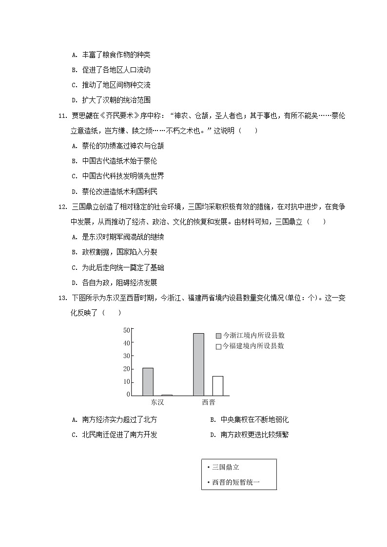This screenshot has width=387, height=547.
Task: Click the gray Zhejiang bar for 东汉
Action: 148,381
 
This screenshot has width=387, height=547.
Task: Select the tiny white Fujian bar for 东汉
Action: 167,395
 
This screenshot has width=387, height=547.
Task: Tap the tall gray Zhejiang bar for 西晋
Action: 198,364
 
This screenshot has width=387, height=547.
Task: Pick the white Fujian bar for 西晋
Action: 218,385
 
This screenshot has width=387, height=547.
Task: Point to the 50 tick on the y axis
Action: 126,330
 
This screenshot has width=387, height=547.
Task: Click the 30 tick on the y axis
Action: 126,356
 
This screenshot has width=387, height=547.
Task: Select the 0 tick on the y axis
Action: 128,394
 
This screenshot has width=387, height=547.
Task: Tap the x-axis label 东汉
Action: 157,403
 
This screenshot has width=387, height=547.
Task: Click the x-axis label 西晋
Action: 208,403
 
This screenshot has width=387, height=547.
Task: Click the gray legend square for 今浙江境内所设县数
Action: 218,336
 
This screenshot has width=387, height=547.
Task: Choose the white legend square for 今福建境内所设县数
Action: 218,346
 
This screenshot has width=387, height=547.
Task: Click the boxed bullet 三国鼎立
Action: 225,467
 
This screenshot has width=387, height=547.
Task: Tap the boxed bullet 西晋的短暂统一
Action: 236,482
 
